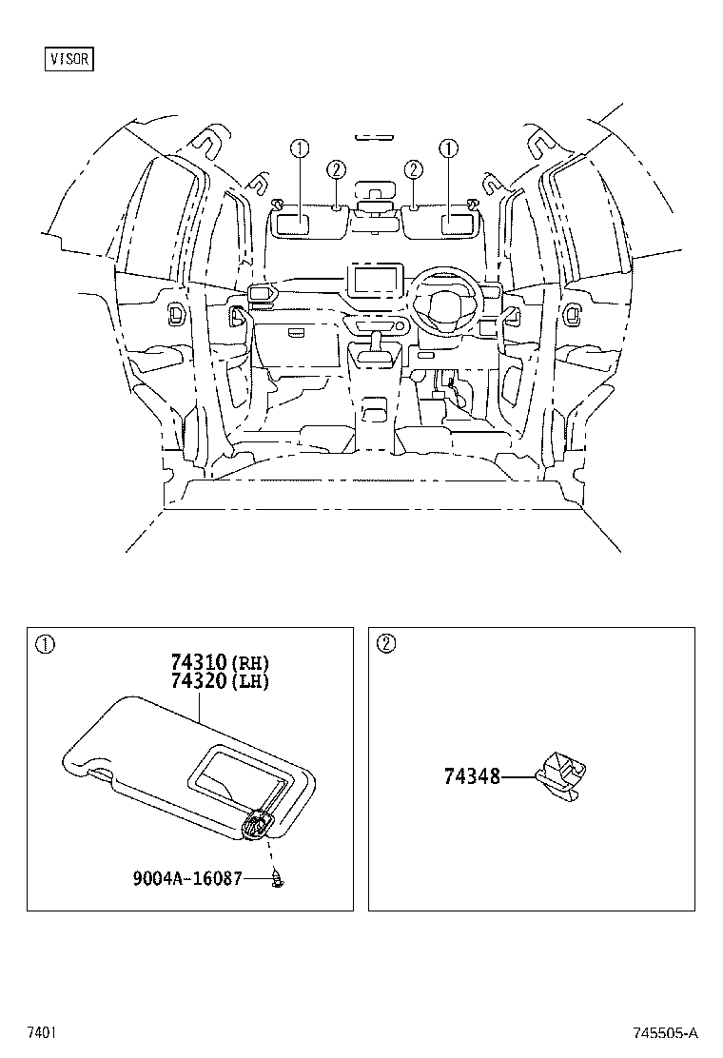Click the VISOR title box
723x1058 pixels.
tap(70, 59)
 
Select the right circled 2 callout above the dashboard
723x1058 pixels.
tap(413, 169)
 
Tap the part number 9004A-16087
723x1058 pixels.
tap(194, 877)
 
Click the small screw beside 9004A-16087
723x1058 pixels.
tap(280, 880)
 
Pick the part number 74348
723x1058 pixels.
tap(471, 776)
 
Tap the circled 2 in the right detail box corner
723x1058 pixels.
tap(384, 644)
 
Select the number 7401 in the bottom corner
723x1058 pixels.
tap(39, 1032)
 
